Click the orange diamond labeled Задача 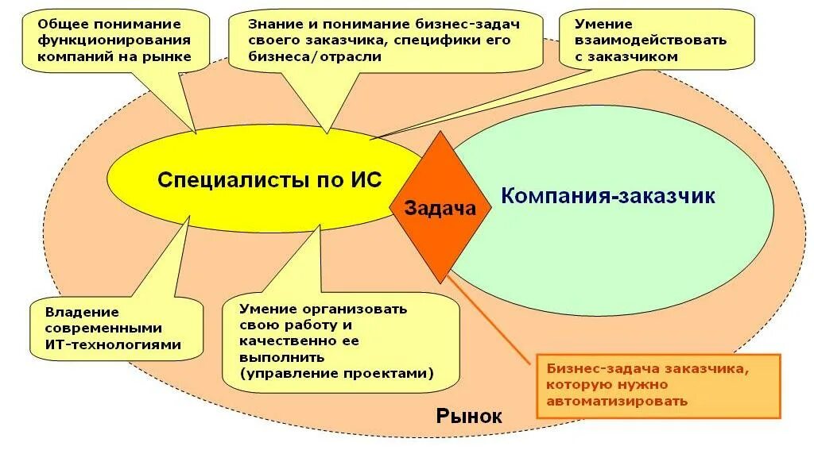[440, 208]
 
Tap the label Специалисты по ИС [269, 179]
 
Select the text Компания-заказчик [608, 195]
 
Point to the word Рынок [469, 416]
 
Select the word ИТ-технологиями [113, 344]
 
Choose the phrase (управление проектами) [337, 372]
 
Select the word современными [103, 328]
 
